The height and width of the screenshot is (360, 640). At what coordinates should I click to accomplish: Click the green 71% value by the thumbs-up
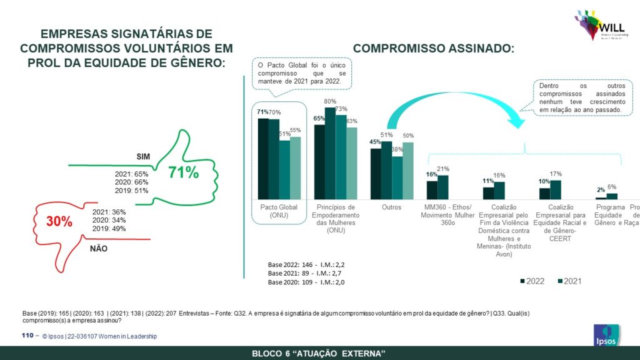[183, 172]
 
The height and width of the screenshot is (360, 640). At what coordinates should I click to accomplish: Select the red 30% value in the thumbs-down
[59, 221]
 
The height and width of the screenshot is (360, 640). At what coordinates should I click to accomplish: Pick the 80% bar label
[330, 101]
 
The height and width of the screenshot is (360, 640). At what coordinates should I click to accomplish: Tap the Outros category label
[391, 207]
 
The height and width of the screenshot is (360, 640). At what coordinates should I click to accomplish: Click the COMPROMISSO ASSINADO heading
[434, 48]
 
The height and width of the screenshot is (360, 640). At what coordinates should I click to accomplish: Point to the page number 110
[27, 336]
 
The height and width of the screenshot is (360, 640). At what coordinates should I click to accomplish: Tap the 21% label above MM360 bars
[444, 169]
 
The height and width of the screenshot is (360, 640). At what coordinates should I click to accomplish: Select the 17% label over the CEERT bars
[556, 174]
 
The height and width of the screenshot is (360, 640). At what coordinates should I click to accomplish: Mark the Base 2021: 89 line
[306, 273]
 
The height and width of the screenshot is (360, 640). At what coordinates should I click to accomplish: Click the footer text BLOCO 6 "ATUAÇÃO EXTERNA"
[318, 354]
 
